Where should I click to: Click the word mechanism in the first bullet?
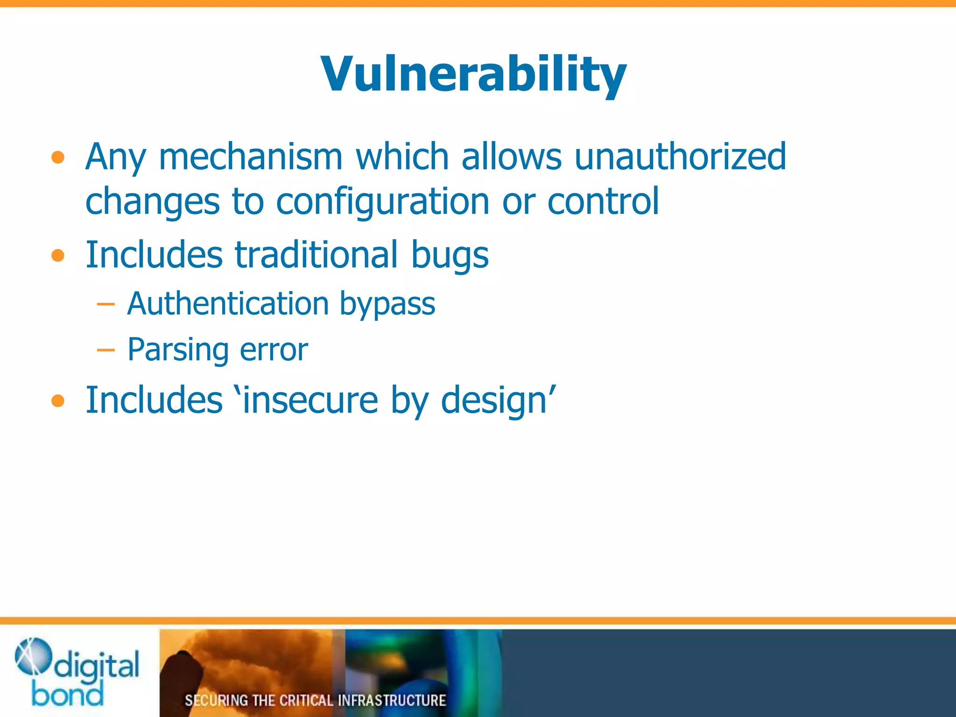251,156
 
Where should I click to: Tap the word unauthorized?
680,156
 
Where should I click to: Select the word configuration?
382,202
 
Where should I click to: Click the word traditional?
316,255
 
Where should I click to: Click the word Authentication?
228,303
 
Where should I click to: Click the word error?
274,350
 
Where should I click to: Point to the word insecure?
310,400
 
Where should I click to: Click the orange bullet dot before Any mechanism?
58,158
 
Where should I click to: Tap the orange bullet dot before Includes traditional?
58,256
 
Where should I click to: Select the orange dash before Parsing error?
106,350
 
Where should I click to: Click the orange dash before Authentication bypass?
106,304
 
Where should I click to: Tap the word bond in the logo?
67,694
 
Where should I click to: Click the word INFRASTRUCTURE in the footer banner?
392,700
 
